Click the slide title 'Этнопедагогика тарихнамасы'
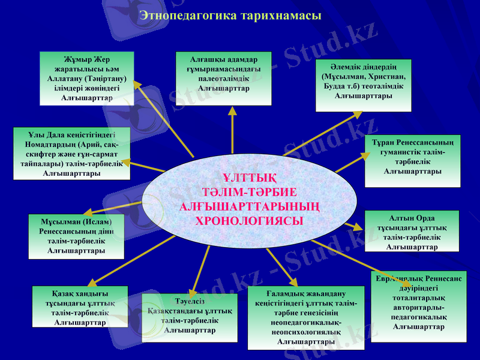click(x=231, y=14)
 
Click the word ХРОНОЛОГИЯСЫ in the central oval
click(x=250, y=220)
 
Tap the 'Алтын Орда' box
click(x=412, y=231)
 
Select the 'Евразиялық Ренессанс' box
click(x=418, y=306)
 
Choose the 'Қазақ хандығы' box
click(x=80, y=306)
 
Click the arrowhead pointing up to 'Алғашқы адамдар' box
click(x=232, y=111)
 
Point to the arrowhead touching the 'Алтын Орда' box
click(x=359, y=228)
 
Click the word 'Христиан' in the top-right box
click(x=388, y=77)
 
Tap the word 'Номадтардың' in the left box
click(x=49, y=144)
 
